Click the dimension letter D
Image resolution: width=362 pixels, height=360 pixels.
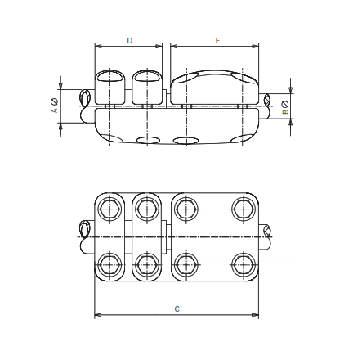130,39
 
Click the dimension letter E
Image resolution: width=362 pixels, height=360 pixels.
217,39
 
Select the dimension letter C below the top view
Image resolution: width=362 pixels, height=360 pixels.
177,308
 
